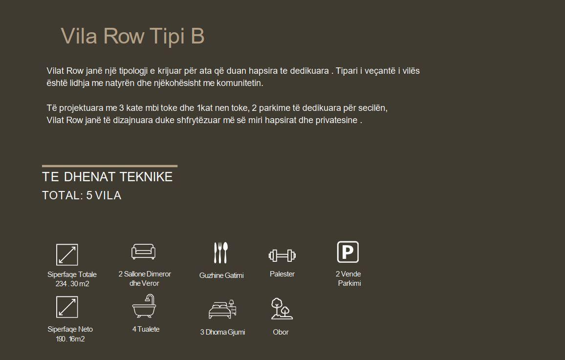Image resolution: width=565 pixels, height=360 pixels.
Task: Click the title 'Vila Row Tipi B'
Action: tap(132, 36)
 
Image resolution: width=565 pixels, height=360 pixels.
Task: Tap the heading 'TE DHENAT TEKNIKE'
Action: tap(108, 177)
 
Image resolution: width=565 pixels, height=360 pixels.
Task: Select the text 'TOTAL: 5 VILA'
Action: tap(82, 195)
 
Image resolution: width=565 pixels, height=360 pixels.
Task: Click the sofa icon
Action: tap(143, 251)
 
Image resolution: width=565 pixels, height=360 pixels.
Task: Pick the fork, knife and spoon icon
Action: tap(221, 253)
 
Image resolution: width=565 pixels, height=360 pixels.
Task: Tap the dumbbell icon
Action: tap(282, 255)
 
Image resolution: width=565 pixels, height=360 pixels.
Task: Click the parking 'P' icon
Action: tap(348, 252)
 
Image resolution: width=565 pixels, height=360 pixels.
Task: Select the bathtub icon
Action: tap(144, 306)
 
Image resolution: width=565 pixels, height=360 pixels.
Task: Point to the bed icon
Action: tap(222, 309)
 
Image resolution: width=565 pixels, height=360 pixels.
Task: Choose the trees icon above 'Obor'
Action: tap(282, 309)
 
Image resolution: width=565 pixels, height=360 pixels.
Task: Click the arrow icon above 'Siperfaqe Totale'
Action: tap(67, 254)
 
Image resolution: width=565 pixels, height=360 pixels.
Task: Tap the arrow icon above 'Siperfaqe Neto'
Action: tap(67, 307)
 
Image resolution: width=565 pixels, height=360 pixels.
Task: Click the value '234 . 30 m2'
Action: tap(72, 284)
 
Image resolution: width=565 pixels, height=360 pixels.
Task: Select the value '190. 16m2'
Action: tap(70, 339)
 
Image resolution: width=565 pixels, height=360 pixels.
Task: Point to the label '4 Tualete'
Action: tap(146, 329)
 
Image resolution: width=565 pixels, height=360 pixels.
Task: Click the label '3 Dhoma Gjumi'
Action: tap(223, 332)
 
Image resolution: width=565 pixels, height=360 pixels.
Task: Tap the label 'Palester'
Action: tap(282, 274)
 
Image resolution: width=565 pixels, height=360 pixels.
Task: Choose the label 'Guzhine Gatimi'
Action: tap(221, 275)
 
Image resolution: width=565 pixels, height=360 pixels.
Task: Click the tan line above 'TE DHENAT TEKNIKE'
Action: tap(110, 166)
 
